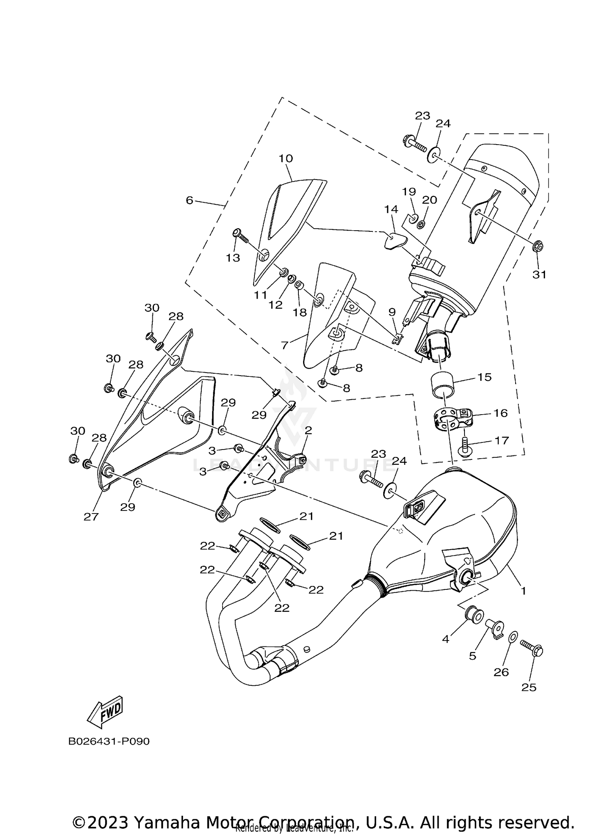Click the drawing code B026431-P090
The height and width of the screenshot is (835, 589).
point(109,741)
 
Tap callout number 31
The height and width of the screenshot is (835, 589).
point(539,275)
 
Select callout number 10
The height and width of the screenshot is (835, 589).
point(286,159)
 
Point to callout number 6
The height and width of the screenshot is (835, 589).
point(190,200)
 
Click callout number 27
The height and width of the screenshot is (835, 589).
point(91,516)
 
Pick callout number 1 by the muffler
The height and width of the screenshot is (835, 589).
point(523,591)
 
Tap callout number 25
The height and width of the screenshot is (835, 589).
point(529,687)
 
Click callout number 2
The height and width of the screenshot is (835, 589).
point(308,431)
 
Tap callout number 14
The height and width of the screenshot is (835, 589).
point(391,209)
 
